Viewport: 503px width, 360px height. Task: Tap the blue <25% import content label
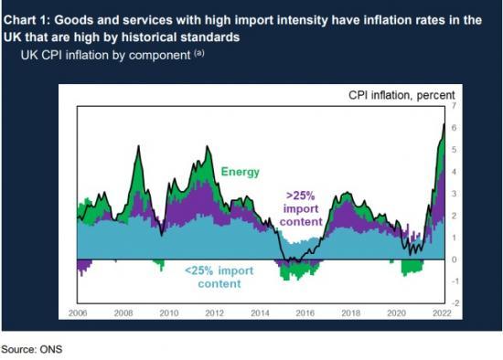point(219,277)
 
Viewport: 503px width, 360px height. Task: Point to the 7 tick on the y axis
point(453,107)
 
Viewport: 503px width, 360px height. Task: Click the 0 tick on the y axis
point(453,259)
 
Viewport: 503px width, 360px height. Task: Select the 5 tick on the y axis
point(453,151)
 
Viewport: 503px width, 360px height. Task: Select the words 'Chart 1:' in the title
point(31,12)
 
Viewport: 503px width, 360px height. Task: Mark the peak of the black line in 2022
point(444,124)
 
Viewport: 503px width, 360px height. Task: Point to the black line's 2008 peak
point(137,146)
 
